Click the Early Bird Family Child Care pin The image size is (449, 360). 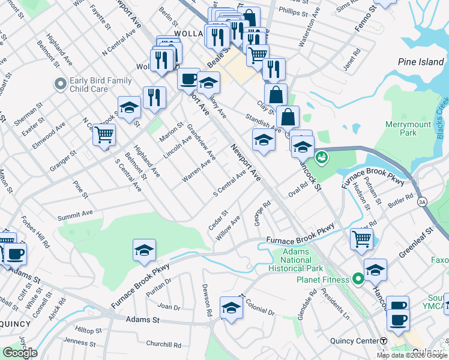coord(60,85)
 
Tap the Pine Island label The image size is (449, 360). coord(421,62)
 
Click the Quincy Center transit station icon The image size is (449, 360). coord(384,341)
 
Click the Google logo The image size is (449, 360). coord(20,353)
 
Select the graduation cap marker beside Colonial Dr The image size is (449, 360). coord(231,308)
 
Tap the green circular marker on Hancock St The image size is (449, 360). coord(322,157)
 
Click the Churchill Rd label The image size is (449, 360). coord(163,345)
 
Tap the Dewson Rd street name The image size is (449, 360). coord(207,300)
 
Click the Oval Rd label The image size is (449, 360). coord(298,190)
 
